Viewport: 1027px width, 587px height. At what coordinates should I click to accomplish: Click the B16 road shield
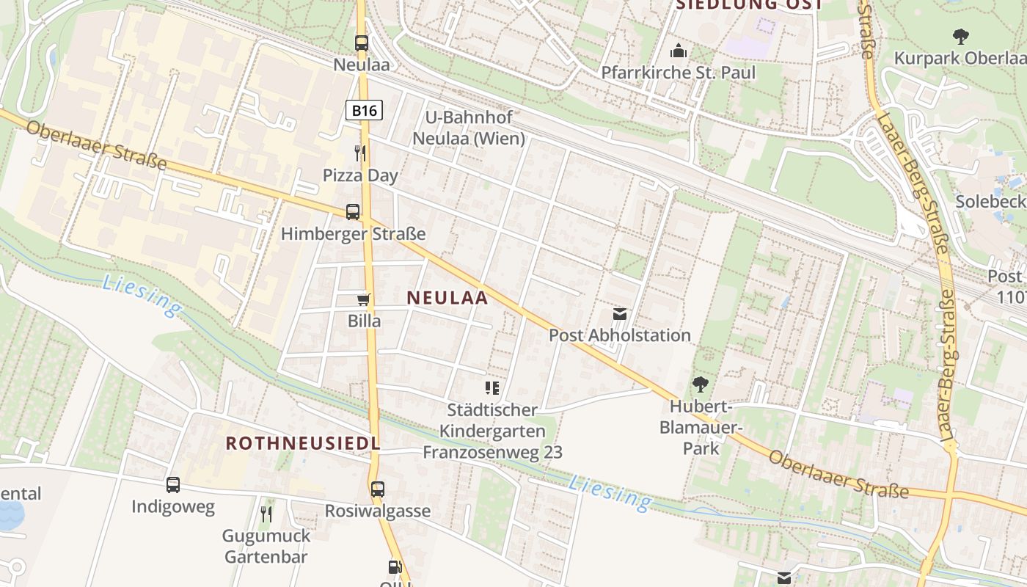[x=364, y=110]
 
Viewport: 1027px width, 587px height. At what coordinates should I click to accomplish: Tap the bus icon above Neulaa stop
[x=362, y=43]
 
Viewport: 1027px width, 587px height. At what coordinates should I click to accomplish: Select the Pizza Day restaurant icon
[x=360, y=153]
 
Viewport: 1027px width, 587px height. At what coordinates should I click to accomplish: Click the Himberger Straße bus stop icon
[x=353, y=212]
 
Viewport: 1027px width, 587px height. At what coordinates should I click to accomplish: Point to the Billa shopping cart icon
[x=363, y=299]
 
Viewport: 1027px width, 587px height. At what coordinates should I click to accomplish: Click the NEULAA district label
[x=447, y=297]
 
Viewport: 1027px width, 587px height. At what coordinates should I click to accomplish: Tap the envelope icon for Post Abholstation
[x=620, y=314]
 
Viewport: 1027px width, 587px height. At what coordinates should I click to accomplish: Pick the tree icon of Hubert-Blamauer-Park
[x=701, y=384]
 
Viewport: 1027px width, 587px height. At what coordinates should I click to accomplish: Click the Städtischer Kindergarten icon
[x=492, y=387]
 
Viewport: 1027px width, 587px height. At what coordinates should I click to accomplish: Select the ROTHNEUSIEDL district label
[x=303, y=443]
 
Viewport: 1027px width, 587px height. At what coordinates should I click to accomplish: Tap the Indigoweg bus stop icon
[x=173, y=485]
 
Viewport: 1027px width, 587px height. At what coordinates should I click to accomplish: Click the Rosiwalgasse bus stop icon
[x=378, y=489]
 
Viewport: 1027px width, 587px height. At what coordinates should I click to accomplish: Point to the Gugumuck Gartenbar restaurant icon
[x=266, y=514]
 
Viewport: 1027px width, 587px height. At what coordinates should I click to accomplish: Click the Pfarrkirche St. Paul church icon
[x=678, y=51]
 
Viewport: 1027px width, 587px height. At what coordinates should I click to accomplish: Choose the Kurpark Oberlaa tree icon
[x=960, y=36]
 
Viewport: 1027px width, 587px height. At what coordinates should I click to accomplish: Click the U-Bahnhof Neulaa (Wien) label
[x=469, y=128]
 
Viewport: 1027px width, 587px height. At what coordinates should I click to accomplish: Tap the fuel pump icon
[x=395, y=566]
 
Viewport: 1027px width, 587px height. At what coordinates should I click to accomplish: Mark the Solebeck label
[x=990, y=200]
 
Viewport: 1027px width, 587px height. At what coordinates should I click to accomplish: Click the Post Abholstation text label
[x=620, y=335]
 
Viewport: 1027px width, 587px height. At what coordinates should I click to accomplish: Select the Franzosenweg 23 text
[x=492, y=452]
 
